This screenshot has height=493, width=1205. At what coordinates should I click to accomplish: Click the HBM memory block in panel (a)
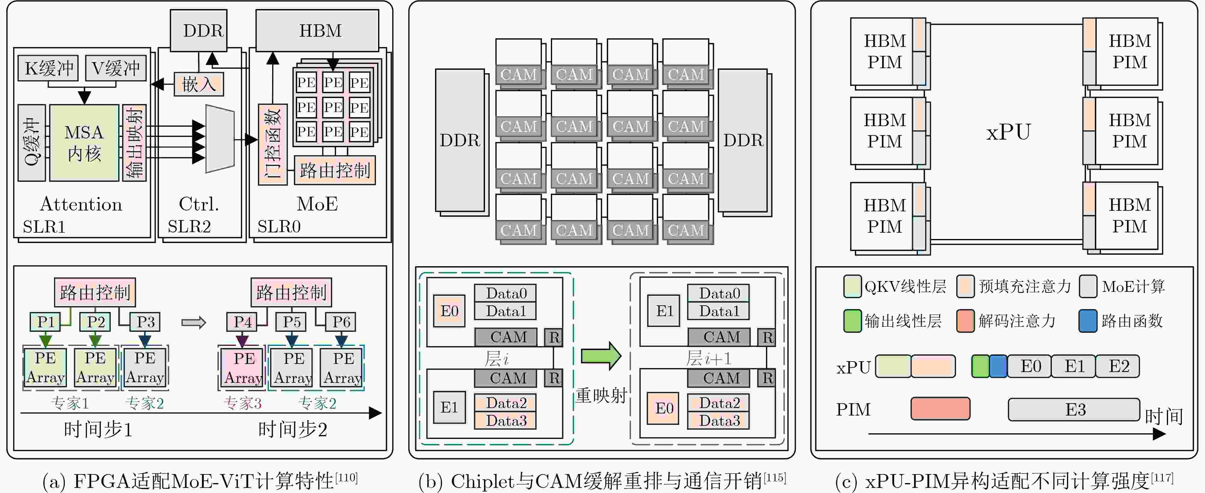[x=317, y=30]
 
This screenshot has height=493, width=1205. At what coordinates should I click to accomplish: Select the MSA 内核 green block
[x=84, y=143]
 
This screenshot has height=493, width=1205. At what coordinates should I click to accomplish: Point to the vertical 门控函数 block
[x=272, y=144]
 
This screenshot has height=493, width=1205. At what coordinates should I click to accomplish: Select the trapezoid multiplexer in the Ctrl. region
[x=220, y=139]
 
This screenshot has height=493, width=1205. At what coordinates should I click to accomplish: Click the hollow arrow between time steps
[x=194, y=322]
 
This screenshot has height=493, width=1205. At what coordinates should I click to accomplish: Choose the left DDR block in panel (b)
[x=460, y=141]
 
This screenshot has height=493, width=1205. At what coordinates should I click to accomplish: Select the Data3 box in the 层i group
[x=506, y=420]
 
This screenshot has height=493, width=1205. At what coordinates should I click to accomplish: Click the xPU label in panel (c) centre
[x=1008, y=132]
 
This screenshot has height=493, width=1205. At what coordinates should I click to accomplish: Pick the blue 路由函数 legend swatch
[x=1088, y=321]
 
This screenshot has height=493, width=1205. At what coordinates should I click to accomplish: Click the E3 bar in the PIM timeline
[x=1074, y=410]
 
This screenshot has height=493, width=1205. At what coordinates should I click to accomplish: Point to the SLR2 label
[x=189, y=227]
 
